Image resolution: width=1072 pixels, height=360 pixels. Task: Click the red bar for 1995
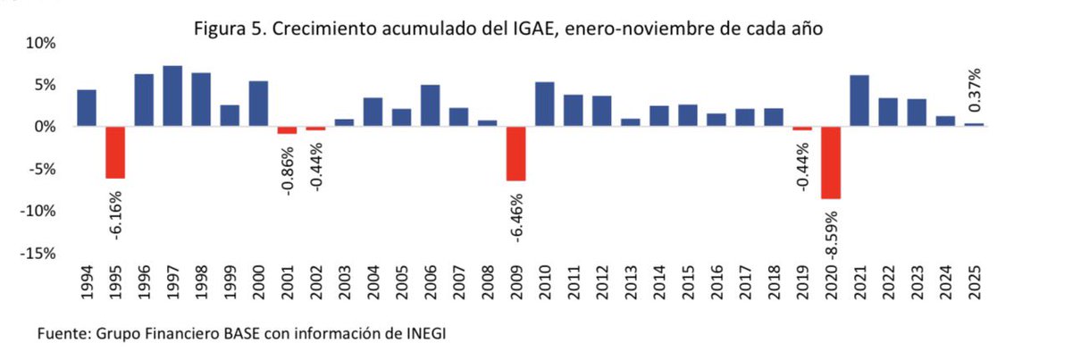coord(115,153)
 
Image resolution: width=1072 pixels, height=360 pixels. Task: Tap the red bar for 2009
coord(516,154)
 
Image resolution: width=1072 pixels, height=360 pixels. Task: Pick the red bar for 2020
coord(831,163)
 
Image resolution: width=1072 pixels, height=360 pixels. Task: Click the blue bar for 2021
coord(859,101)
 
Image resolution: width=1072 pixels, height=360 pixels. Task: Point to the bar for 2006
coord(431,105)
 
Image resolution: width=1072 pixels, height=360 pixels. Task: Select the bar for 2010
coord(545,105)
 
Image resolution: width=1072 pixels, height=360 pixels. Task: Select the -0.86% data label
coord(288,165)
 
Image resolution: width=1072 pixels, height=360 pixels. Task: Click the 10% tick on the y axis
coord(41,43)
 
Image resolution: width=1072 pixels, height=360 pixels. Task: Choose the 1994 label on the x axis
coord(88,286)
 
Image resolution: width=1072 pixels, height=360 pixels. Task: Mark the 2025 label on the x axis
coord(975,286)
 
